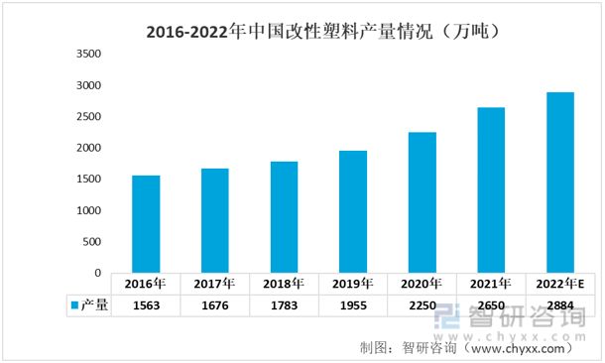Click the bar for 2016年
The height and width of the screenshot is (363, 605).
tap(146, 224)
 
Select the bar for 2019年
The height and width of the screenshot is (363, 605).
tap(353, 211)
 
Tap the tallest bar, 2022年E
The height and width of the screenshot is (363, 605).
tap(560, 182)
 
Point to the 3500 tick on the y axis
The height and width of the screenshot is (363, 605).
tap(88, 55)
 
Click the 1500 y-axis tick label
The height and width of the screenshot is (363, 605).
tap(88, 180)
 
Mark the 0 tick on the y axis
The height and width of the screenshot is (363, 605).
tap(97, 273)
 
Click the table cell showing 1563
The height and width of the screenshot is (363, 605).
tap(146, 305)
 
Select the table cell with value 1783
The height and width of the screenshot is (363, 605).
tap(284, 305)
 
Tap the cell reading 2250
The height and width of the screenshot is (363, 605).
tap(423, 305)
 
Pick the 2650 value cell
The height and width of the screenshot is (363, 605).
tap(491, 305)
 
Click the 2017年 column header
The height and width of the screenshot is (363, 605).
tap(215, 283)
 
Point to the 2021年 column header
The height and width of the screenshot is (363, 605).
tap(491, 283)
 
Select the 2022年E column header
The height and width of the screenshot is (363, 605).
tap(560, 283)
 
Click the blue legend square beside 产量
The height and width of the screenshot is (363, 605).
tap(73, 305)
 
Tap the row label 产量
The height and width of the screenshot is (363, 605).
tap(94, 305)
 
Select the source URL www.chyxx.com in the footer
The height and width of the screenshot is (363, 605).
tap(521, 348)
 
